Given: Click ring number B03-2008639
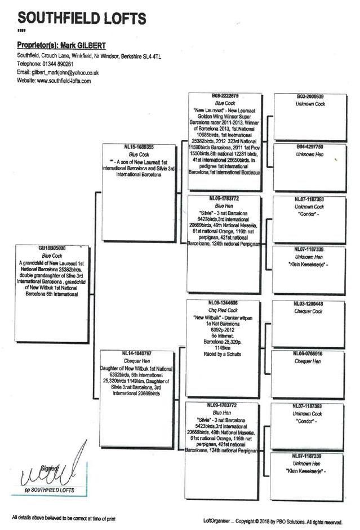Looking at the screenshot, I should [x=309, y=96].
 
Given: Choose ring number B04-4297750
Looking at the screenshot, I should [x=309, y=147].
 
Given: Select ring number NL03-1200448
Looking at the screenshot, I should [x=309, y=303].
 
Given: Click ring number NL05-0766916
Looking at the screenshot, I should [x=309, y=354].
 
